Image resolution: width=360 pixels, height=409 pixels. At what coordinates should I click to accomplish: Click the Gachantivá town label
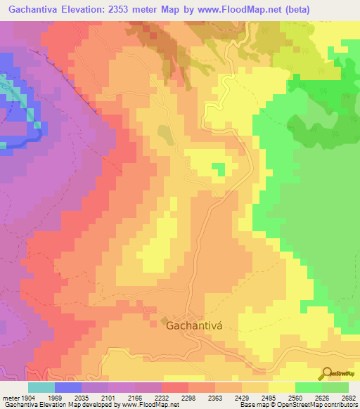pos(191,325)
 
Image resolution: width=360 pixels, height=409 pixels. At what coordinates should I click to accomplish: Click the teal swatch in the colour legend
pos(41,387)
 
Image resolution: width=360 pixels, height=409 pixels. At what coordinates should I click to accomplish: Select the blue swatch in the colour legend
pos(67,387)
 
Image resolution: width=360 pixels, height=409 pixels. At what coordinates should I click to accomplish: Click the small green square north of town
pos(219,169)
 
